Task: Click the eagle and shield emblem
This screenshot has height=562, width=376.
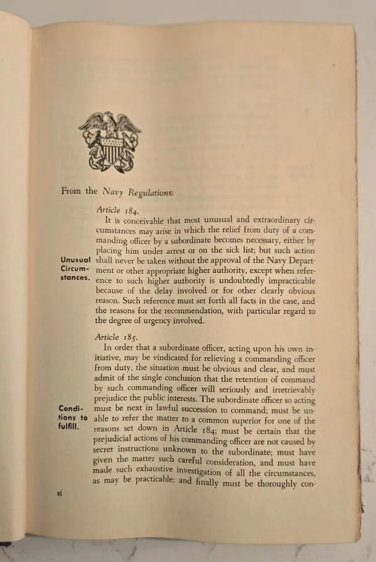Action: click(110, 142)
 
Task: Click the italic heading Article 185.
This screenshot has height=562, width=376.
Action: click(116, 338)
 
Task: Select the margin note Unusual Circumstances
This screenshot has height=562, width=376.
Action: click(76, 269)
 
